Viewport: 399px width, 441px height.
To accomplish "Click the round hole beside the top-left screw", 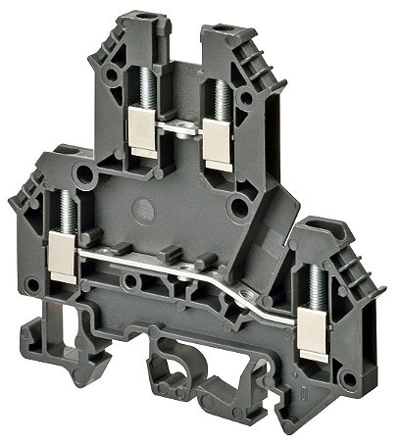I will (108, 72).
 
